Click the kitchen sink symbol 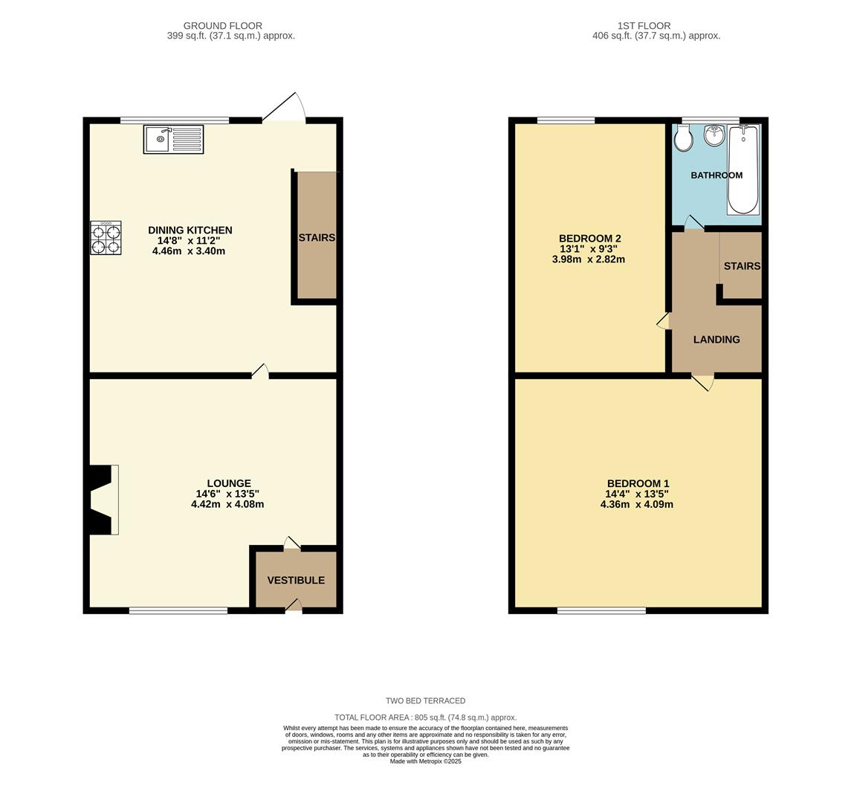click(x=173, y=140)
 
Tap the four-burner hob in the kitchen click(x=106, y=238)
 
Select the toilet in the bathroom click(x=684, y=138)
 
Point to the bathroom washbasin click(x=714, y=135)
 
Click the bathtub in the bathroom click(x=742, y=170)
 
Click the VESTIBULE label click(x=296, y=580)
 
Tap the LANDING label click(x=716, y=340)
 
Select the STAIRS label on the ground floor click(x=317, y=238)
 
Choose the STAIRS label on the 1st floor click(x=742, y=266)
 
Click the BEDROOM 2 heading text click(x=589, y=239)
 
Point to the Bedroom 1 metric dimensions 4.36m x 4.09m click(x=637, y=504)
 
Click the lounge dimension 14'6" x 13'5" click(x=227, y=494)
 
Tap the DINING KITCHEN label click(x=190, y=230)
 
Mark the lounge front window click(x=178, y=611)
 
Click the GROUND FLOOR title click(x=223, y=26)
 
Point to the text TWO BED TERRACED click(x=425, y=701)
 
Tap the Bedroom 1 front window click(x=601, y=611)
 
